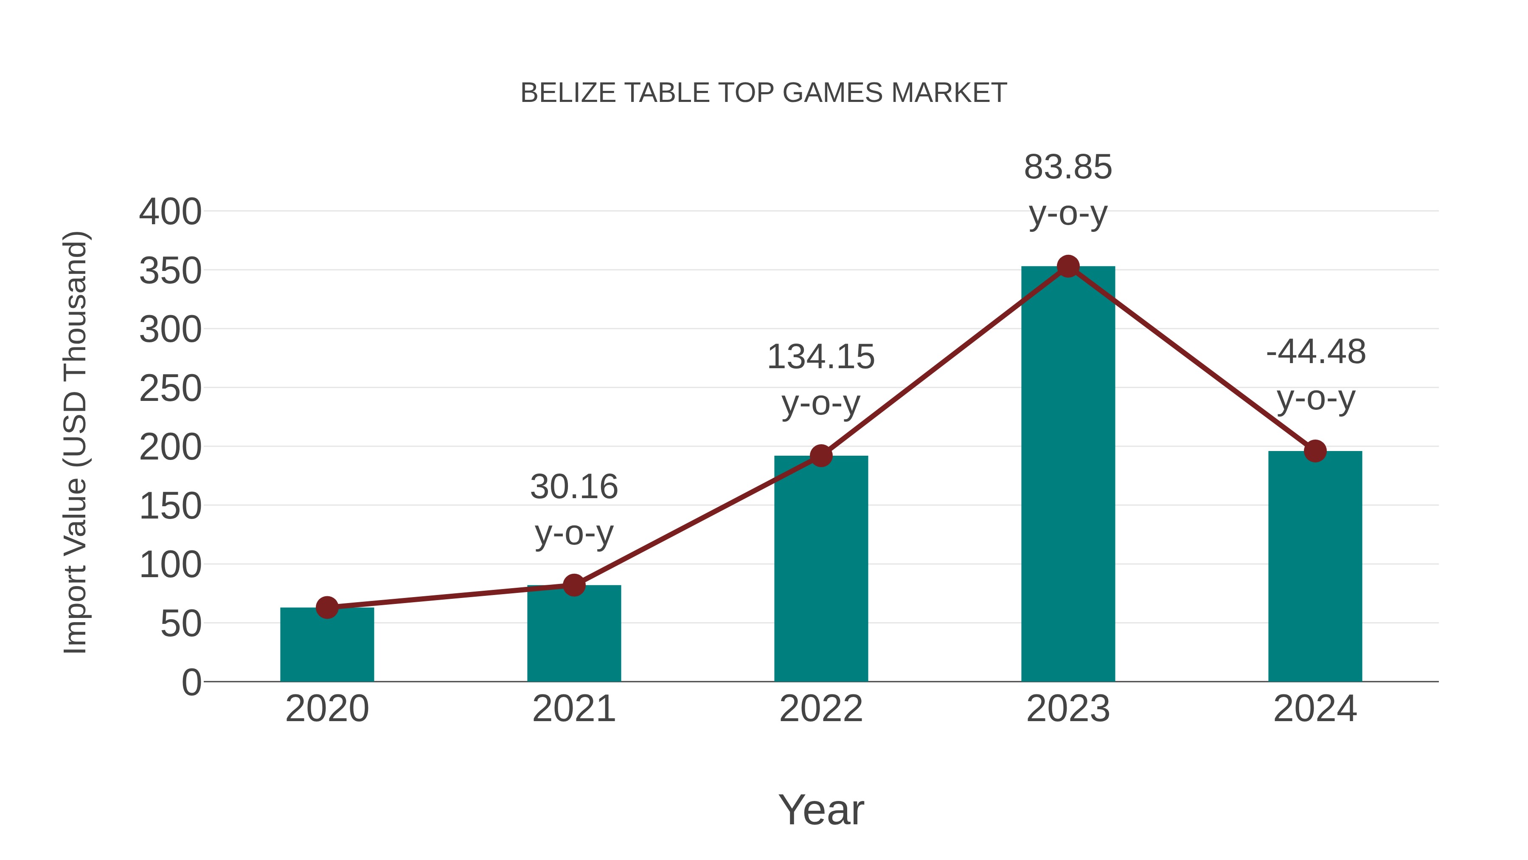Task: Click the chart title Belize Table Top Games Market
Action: click(764, 93)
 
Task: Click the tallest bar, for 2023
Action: click(1068, 474)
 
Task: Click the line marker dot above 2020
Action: click(327, 607)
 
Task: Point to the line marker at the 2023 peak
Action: click(1068, 266)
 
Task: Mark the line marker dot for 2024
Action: click(1315, 451)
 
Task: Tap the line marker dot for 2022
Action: click(821, 456)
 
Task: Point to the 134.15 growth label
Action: click(821, 379)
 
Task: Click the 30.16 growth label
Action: click(573, 509)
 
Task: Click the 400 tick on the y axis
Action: click(170, 212)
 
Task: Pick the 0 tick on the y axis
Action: click(191, 682)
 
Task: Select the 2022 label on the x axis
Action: click(821, 709)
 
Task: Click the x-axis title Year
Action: click(821, 809)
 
